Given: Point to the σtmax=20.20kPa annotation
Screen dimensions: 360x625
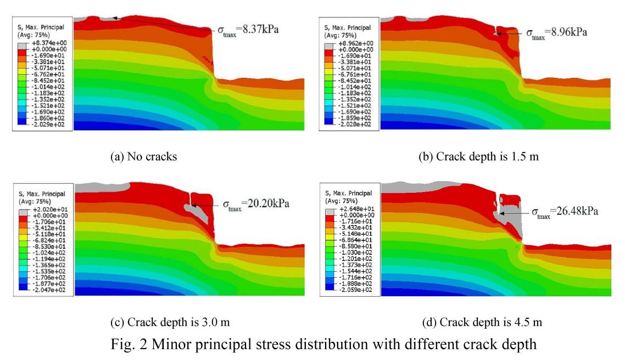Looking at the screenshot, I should [256, 205].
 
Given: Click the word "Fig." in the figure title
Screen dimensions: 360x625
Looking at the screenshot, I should [137, 341].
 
